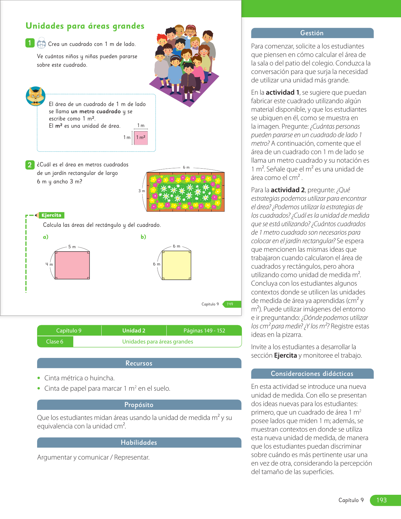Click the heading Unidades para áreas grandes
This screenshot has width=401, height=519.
pyautogui.click(x=85, y=26)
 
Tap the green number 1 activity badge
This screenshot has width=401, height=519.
pyautogui.click(x=30, y=43)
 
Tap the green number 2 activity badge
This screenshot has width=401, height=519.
pyautogui.click(x=30, y=165)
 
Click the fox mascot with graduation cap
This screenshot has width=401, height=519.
pyautogui.click(x=36, y=96)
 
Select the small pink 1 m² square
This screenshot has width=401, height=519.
pyautogui.click(x=141, y=138)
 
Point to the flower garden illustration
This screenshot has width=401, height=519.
pyautogui.click(x=186, y=192)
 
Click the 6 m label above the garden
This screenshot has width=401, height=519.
pyautogui.click(x=186, y=167)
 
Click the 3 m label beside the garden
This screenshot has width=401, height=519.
pyautogui.click(x=142, y=191)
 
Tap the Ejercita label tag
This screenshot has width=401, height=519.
pyautogui.click(x=51, y=215)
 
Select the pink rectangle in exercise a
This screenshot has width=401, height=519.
pyautogui.click(x=72, y=265)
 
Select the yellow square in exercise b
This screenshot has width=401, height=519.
pyautogui.click(x=176, y=265)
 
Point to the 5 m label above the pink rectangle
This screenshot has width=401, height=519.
pyautogui.click(x=72, y=247)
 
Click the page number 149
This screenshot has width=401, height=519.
pyautogui.click(x=230, y=304)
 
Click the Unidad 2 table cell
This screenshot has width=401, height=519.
pyautogui.click(x=134, y=331)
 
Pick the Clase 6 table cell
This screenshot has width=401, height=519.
pyautogui.click(x=55, y=342)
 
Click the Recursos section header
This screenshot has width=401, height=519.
pyautogui.click(x=139, y=363)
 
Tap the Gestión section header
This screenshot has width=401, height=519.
pyautogui.click(x=312, y=33)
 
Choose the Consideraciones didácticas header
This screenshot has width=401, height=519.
pyautogui.click(x=312, y=374)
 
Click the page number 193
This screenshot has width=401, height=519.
pyautogui.click(x=382, y=500)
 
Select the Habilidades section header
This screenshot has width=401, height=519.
pyautogui.click(x=139, y=443)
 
